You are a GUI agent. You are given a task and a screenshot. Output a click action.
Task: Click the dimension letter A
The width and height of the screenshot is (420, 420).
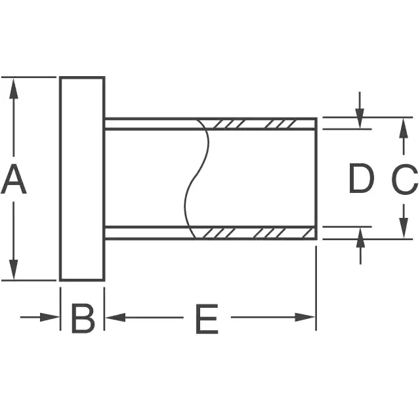tap(14, 180)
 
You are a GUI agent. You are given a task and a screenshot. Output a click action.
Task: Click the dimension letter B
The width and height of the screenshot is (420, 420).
tap(83, 319)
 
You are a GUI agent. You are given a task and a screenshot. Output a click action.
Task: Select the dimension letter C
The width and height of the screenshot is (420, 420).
tap(404, 179)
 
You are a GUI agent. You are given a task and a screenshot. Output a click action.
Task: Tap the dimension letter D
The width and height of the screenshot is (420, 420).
tap(360, 179)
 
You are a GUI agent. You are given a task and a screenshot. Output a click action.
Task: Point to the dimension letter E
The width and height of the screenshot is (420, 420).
tap(207, 320)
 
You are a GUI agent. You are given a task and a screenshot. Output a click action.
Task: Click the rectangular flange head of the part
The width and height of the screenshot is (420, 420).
tap(83, 178)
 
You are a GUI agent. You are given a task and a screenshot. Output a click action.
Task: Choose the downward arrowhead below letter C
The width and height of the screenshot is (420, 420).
tap(404, 230)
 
